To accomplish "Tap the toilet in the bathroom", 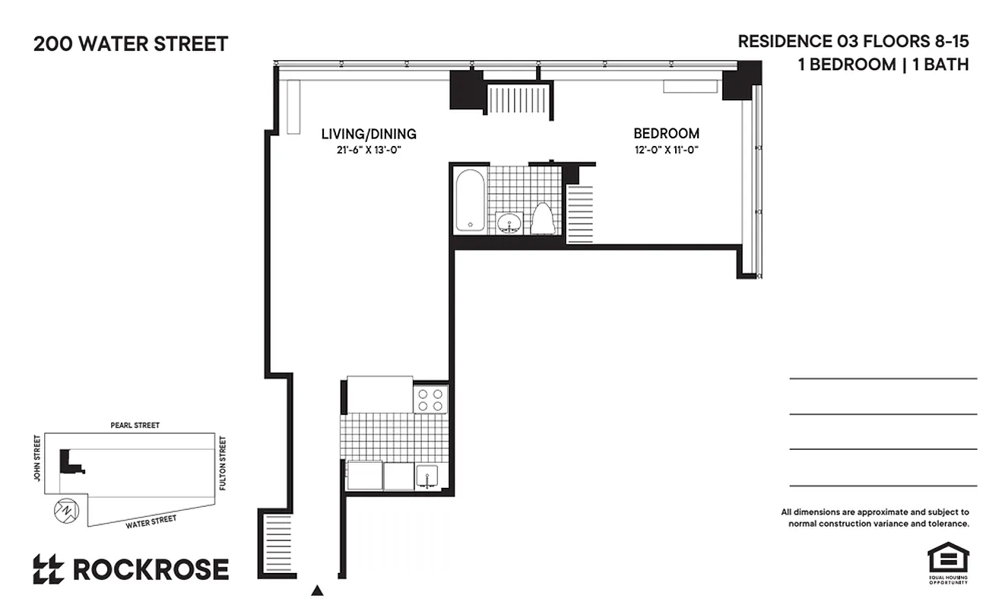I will click(x=542, y=219).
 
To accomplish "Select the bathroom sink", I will click(x=509, y=223).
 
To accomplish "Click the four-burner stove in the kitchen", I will click(x=430, y=400).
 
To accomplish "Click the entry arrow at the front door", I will click(x=318, y=590).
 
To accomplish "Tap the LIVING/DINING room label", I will click(x=369, y=134).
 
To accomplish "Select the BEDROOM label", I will click(x=666, y=134).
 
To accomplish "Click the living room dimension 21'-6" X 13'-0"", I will click(x=369, y=150).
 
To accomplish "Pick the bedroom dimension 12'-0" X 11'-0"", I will click(x=666, y=150).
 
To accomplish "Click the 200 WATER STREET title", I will click(x=131, y=44).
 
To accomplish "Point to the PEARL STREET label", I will click(x=135, y=426).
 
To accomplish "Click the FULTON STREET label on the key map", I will click(x=223, y=462).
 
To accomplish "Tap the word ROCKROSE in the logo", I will click(x=151, y=569).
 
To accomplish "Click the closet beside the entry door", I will click(x=277, y=546).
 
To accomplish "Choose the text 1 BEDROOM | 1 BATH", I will click(x=883, y=65).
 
